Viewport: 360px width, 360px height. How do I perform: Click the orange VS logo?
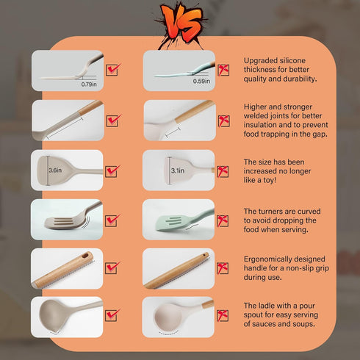pos(181,24)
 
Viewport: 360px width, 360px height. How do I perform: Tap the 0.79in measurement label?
pos(89,84)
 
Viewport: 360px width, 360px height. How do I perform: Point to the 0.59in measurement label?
pos(201,81)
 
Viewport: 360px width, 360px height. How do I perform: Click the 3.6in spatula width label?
pos(55,170)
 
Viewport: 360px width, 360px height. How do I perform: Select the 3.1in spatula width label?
pos(178,170)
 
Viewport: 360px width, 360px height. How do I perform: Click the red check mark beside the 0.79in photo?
pos(113,70)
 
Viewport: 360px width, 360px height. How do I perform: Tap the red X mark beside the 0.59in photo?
pos(223,70)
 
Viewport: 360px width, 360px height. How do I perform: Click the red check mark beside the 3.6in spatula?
pos(112,171)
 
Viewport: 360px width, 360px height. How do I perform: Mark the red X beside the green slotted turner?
pos(223,221)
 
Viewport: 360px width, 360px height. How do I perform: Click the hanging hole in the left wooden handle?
pos(85,256)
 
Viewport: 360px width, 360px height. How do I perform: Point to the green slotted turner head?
pos(171,223)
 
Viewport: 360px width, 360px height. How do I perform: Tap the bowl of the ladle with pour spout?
pos(52,316)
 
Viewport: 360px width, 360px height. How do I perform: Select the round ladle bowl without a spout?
pos(168,317)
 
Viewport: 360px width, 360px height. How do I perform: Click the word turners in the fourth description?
pos(271,211)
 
